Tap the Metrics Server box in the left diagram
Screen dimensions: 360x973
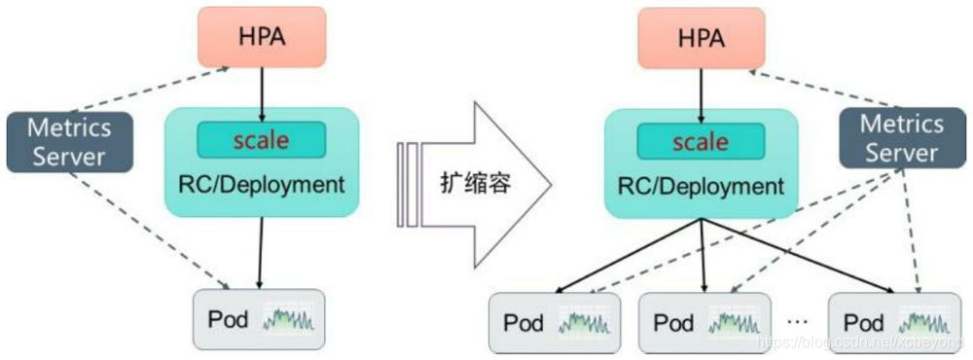(x=69, y=142)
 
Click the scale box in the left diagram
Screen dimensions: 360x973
(x=261, y=140)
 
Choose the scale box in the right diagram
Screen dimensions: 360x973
(x=702, y=142)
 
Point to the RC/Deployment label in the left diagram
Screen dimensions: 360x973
(x=262, y=184)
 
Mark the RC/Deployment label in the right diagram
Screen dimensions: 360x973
(x=702, y=187)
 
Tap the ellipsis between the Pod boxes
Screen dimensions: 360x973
(x=797, y=319)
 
